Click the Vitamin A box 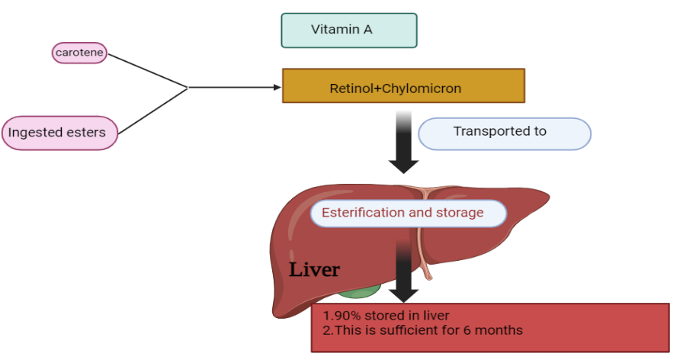(x=349, y=31)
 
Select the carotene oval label (x=79, y=53)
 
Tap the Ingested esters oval (x=60, y=133)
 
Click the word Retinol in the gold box (x=351, y=88)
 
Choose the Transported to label (x=504, y=132)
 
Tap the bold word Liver (x=314, y=270)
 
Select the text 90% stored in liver (x=390, y=316)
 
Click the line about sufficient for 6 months (x=422, y=330)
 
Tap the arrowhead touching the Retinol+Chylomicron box (x=277, y=87)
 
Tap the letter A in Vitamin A (x=368, y=30)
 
